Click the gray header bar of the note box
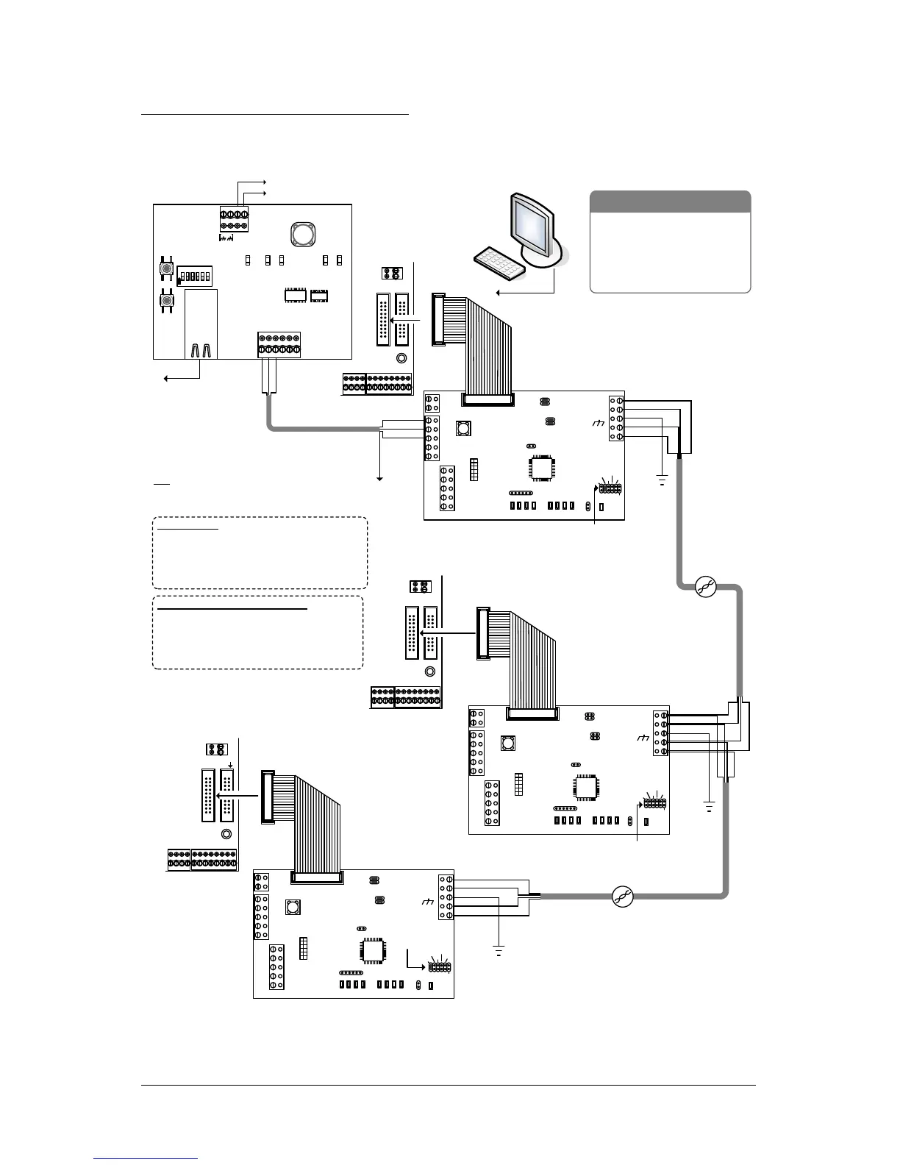670,202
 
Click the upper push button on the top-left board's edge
167,269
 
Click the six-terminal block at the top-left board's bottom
279,346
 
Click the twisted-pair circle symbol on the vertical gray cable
705,586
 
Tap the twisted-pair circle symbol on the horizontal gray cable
623,895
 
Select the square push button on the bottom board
293,907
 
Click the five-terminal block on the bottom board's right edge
446,897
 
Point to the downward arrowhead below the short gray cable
381,478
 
